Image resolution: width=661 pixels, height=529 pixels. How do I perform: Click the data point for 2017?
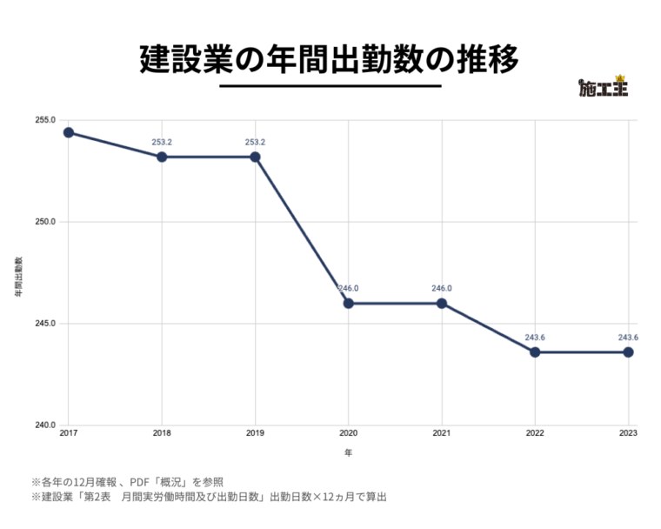coord(68,132)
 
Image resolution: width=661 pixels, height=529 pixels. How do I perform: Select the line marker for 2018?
coord(162,157)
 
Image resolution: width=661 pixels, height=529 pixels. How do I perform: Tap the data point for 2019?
coord(255,157)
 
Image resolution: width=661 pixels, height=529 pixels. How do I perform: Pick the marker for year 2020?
coord(348,304)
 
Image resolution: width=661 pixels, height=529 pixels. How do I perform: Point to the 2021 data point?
coord(442,304)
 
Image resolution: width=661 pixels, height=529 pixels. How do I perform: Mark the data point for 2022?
coord(535,352)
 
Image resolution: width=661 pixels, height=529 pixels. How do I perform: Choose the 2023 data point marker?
coord(628,352)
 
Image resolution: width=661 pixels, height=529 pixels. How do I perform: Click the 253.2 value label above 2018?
coord(162,142)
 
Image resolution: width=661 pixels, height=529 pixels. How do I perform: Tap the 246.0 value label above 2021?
coord(442,288)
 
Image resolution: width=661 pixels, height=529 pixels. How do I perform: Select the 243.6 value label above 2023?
coord(628,338)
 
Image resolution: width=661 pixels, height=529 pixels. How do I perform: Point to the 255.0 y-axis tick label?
coord(46,120)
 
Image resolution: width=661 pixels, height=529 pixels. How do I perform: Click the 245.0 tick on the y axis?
coord(46,324)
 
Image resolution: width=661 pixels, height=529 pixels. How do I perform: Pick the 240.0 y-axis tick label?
coord(46,425)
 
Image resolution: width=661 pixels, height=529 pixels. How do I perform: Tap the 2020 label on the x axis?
coord(348,433)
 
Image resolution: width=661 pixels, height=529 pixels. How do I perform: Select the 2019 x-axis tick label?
coord(255,433)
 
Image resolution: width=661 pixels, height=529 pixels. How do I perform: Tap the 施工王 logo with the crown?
coord(603,87)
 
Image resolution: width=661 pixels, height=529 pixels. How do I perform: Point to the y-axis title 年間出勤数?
coord(17,278)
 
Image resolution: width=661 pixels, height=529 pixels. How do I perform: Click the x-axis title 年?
coord(348,452)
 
